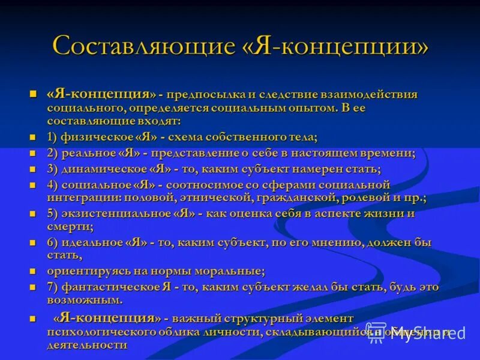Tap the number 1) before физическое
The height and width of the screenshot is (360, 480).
point(53,137)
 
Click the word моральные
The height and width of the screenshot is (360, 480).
point(233,271)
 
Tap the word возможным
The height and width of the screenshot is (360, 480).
point(85,299)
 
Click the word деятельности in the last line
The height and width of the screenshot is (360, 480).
point(87,345)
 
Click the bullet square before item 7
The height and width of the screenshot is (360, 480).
point(34,287)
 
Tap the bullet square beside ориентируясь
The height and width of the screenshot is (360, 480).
point(34,272)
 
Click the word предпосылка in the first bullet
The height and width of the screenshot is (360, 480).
point(206,95)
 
